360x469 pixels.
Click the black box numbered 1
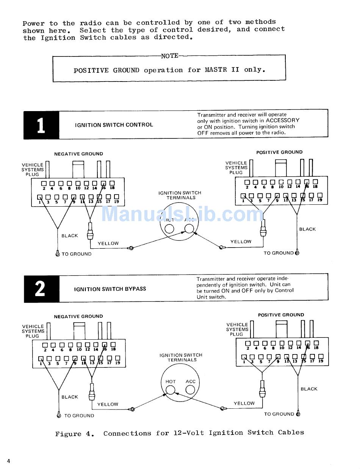41,124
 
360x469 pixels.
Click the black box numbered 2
41,289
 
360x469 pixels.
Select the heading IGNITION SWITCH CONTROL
114,125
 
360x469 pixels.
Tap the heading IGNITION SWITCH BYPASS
110,289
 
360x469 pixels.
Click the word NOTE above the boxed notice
169,56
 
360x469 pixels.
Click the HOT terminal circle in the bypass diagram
170,389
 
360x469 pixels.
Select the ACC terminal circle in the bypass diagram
190,389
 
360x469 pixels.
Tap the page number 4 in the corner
8,461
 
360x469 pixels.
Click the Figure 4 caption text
179,433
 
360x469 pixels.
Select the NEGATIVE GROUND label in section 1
78,154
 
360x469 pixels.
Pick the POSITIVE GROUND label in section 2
281,315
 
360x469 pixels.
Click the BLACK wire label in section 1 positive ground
307,229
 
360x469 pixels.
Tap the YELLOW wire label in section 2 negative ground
108,404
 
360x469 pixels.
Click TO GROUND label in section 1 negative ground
77,254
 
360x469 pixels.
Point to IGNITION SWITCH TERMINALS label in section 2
181,358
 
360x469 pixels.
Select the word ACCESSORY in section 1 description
283,121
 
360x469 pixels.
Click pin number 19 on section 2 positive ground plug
321,361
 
